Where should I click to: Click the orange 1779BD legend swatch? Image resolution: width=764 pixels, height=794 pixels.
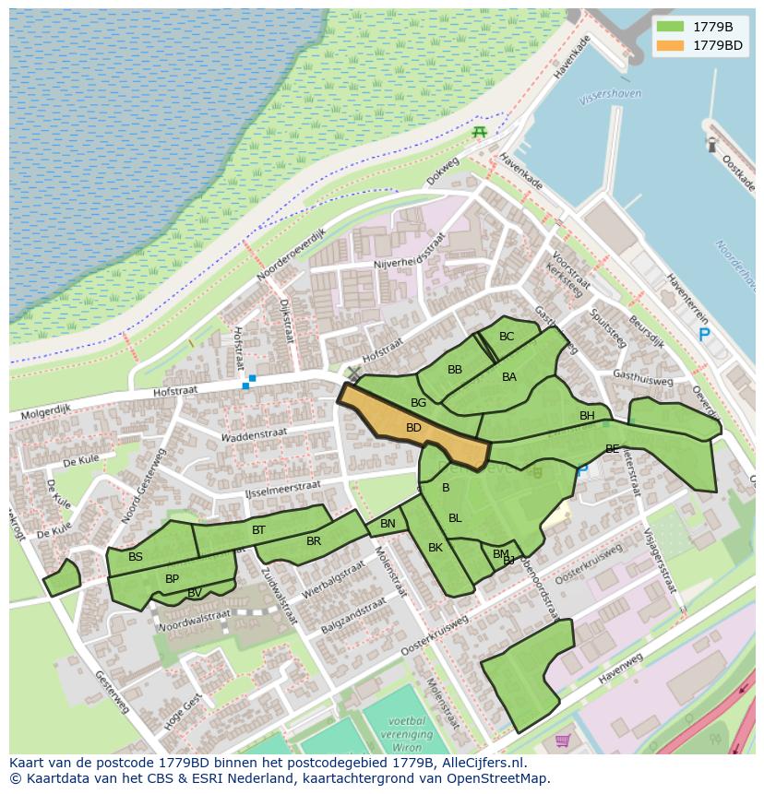point(671,45)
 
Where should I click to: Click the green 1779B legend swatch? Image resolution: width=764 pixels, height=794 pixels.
point(671,27)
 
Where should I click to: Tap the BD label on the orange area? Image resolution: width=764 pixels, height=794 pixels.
point(413,428)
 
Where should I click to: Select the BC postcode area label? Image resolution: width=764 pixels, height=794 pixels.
point(507,337)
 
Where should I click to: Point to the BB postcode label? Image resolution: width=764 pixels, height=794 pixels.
point(455,370)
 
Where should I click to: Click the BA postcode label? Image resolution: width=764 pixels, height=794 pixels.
point(509,377)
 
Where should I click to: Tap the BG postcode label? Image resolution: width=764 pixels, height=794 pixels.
point(419,403)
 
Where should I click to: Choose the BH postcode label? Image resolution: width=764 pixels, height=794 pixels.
point(587,416)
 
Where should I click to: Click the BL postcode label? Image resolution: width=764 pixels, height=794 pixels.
point(455,518)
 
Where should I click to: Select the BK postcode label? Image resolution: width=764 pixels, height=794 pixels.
point(436,548)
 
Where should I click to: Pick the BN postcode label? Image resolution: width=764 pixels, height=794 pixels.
point(388,524)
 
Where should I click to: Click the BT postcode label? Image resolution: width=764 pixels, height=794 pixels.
point(258,530)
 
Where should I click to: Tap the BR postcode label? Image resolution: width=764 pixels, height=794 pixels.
point(314,541)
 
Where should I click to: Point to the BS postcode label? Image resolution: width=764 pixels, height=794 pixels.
point(136,557)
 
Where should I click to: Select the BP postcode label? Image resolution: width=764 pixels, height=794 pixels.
point(172,579)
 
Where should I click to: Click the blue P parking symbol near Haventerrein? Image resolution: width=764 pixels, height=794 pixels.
point(704,336)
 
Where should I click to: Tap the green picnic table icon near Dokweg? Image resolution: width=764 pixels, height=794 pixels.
point(479,133)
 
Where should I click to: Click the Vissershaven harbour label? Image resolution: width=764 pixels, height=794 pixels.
point(610,95)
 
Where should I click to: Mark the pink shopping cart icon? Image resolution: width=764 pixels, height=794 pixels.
point(562,740)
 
